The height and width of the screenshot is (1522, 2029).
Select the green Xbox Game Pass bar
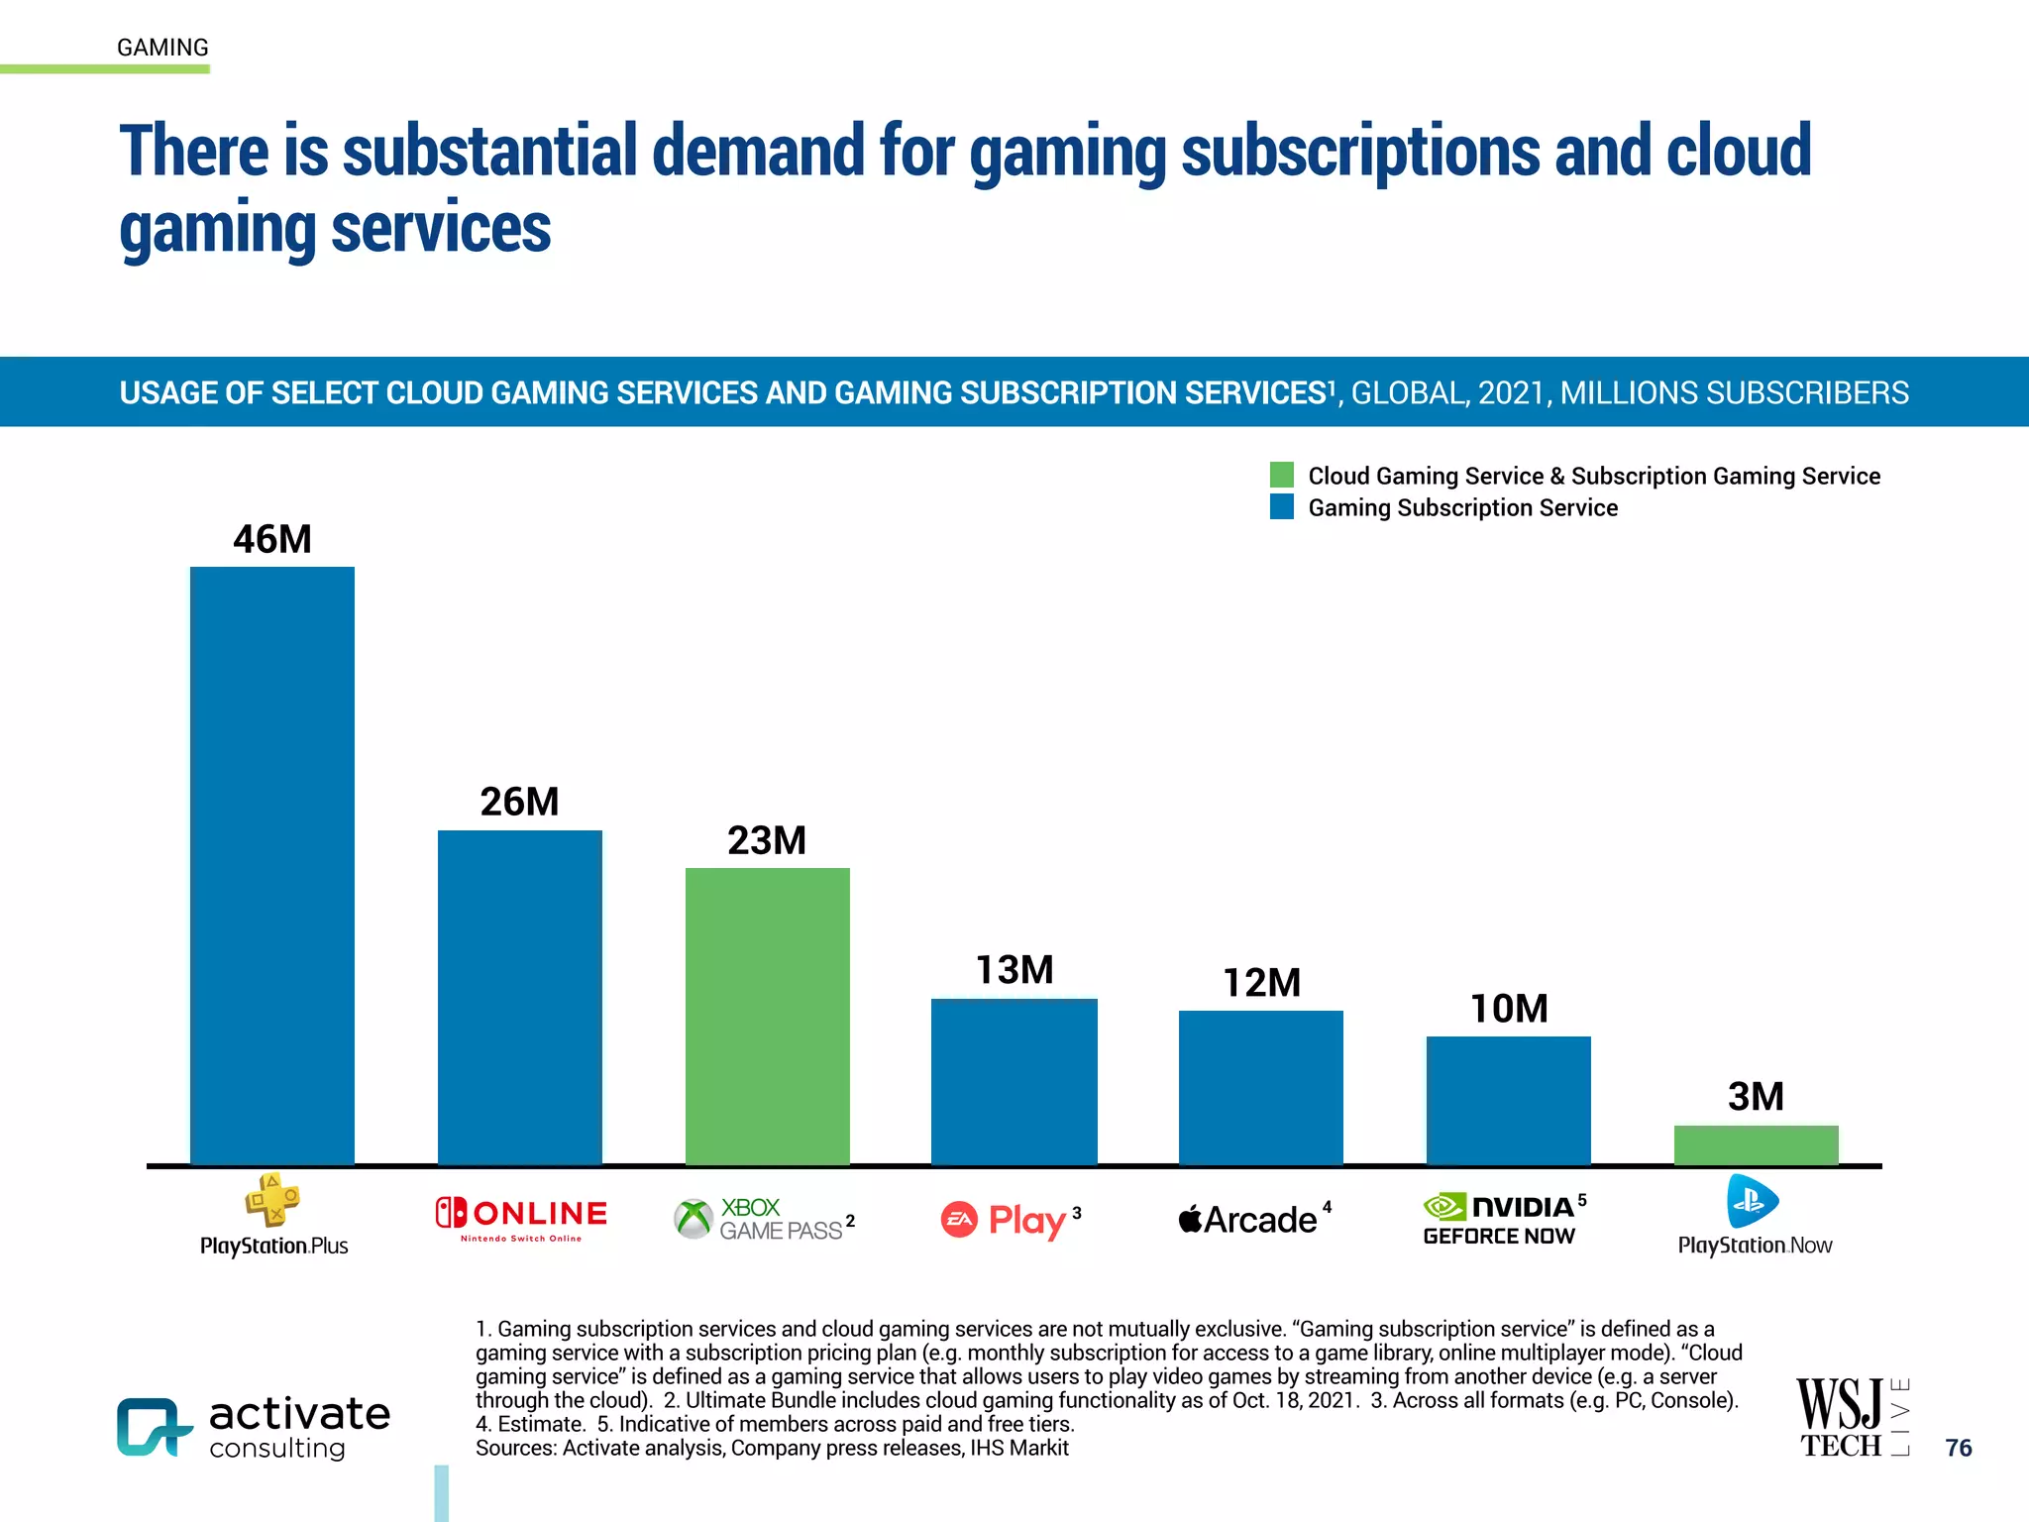(x=767, y=1016)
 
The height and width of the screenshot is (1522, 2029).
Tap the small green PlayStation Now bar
(x=1756, y=1144)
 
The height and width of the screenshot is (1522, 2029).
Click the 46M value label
(x=272, y=540)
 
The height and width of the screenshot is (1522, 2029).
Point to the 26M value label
(x=520, y=802)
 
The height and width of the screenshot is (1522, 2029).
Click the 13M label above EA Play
(x=1014, y=970)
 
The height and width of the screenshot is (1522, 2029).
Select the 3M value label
(x=1756, y=1097)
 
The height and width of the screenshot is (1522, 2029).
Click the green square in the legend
(x=1282, y=475)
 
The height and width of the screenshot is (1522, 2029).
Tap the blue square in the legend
(x=1282, y=507)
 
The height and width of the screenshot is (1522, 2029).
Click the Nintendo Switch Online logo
(x=521, y=1219)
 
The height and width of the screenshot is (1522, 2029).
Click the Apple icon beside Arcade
(x=1190, y=1219)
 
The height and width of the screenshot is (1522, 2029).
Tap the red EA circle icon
(x=959, y=1220)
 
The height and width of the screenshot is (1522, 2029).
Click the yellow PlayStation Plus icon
(x=272, y=1200)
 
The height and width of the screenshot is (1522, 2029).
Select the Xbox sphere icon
(x=694, y=1219)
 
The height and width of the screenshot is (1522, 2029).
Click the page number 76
(x=1958, y=1448)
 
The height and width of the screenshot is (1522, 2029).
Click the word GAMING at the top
(x=162, y=48)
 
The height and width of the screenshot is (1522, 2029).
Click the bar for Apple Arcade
(x=1261, y=1087)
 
